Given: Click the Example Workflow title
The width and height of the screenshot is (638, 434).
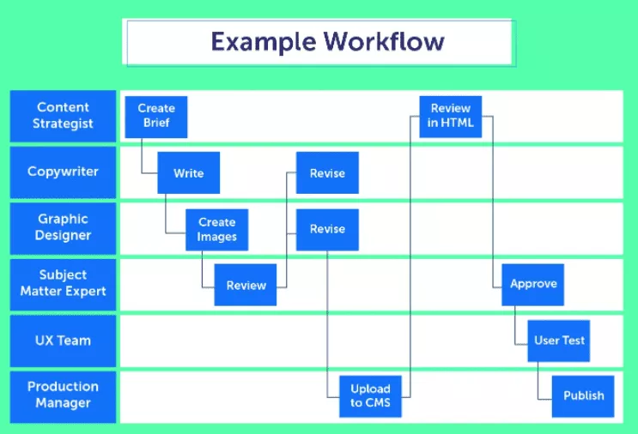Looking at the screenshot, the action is [x=327, y=42].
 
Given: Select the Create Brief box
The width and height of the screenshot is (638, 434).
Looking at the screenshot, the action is [x=156, y=117].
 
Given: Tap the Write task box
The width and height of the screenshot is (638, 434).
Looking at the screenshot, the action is [x=189, y=172].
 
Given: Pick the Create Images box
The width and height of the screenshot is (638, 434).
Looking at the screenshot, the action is [x=217, y=230].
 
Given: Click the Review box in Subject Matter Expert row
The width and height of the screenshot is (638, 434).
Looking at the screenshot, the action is [x=246, y=285].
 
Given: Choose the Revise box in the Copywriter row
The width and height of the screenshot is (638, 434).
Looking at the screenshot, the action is [x=327, y=172].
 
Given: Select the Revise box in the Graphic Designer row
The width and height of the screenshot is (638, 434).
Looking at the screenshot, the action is [x=327, y=230].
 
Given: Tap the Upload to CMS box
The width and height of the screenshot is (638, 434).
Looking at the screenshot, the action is [x=371, y=396].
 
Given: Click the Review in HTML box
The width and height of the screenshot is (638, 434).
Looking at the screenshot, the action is [x=451, y=117].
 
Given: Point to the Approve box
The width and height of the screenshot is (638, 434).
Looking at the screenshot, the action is [x=533, y=285].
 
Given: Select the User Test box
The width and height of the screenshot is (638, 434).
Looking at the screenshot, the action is [x=559, y=341].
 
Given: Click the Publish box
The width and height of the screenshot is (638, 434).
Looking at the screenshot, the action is [x=583, y=396].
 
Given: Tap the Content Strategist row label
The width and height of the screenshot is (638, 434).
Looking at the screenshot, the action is [x=63, y=117].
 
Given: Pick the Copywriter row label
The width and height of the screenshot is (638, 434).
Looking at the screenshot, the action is [x=63, y=172].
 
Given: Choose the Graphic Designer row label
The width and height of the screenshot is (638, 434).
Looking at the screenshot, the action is [x=63, y=228].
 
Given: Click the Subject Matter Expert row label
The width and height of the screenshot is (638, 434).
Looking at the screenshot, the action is [x=63, y=285].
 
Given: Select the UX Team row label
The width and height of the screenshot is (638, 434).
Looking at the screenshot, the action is [x=63, y=341].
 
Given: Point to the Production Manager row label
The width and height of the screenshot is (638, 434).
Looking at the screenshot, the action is [x=63, y=396].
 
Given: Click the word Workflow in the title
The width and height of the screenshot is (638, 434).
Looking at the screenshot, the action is [x=384, y=41].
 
